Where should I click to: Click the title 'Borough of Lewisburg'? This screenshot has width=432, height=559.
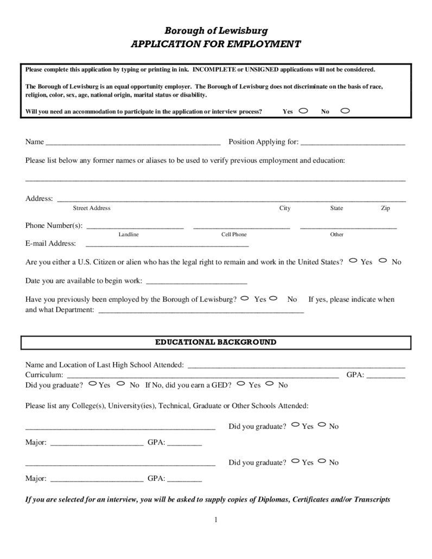216,31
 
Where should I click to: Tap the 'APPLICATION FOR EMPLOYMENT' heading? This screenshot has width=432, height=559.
216,45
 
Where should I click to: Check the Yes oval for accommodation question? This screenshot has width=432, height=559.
303,111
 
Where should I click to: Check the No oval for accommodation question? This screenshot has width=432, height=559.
345,111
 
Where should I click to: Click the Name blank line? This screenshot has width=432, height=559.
133,143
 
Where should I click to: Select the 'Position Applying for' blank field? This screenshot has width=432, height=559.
353,143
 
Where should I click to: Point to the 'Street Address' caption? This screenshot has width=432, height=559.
92,208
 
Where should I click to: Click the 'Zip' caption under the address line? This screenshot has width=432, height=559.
385,208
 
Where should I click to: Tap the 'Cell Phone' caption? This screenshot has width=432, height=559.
234,234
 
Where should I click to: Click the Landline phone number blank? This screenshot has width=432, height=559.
135,226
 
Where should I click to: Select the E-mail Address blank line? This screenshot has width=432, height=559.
167,244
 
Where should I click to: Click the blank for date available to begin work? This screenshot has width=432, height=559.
196,282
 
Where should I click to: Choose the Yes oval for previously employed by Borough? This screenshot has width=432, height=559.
245,298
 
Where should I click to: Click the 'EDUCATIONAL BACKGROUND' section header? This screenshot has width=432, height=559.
216,343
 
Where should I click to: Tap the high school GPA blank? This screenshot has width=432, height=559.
386,375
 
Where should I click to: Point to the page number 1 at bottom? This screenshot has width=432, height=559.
215,520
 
